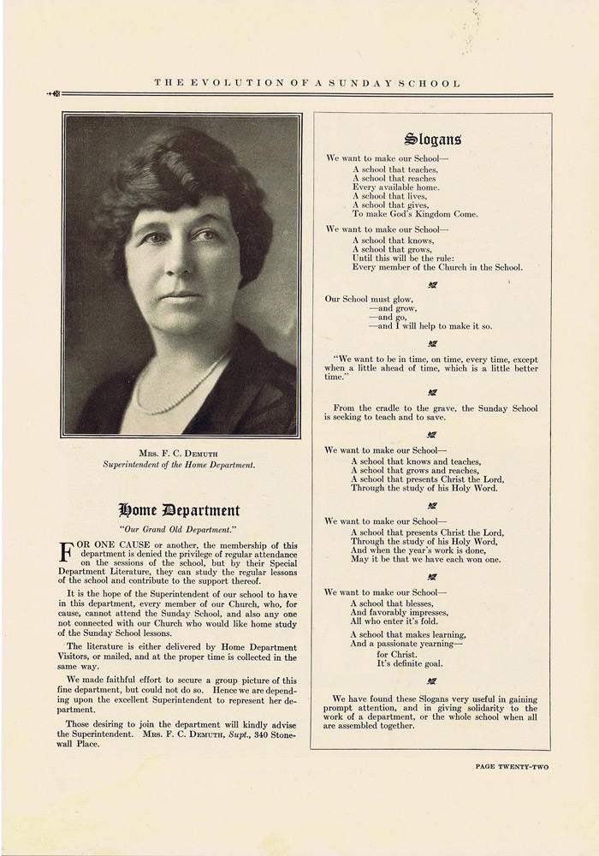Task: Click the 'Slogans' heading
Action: pos(431,139)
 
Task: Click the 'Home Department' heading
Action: pos(179,511)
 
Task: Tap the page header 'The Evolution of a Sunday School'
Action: pos(307,83)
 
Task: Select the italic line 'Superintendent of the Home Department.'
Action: pos(180,465)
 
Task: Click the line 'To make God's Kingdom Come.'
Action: pos(415,214)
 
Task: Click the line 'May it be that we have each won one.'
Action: pos(425,559)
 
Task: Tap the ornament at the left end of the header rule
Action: pos(55,94)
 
